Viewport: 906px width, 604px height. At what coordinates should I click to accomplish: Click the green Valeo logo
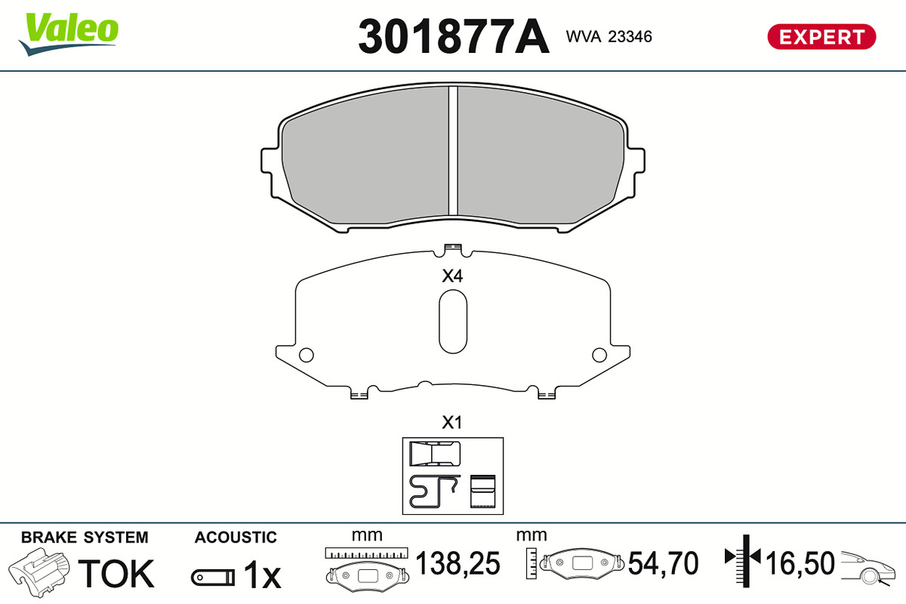click(69, 33)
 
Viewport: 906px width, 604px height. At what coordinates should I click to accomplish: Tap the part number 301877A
click(454, 36)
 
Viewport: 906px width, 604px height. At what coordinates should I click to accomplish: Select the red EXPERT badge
click(821, 37)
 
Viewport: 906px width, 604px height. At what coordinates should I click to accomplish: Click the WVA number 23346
click(630, 37)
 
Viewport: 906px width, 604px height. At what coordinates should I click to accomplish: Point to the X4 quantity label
click(452, 276)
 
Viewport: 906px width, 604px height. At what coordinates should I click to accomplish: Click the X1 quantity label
click(451, 422)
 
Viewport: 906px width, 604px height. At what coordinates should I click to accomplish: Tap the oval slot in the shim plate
click(453, 321)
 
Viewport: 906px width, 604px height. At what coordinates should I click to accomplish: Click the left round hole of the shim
click(307, 355)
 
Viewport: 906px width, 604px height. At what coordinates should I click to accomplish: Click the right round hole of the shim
click(599, 355)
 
